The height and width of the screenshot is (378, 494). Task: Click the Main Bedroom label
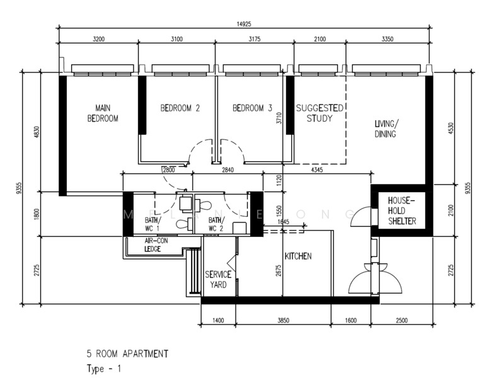tap(103, 113)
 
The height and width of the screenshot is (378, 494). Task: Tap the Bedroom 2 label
tap(180, 108)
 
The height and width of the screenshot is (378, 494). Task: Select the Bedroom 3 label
tap(252, 108)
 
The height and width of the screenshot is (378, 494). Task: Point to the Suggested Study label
tap(319, 113)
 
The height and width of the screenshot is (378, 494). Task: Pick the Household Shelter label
tap(402, 211)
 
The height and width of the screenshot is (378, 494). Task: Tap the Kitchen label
tap(298, 256)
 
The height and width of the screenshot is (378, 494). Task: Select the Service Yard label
tap(218, 280)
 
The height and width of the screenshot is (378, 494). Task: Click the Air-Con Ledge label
tap(156, 245)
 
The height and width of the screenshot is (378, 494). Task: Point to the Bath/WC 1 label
tap(152, 224)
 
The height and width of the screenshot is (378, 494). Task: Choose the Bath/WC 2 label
tap(216, 224)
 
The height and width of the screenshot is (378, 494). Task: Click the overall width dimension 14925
tap(243, 24)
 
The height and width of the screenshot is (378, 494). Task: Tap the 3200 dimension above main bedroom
tap(98, 39)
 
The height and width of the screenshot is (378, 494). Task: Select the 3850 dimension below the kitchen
tap(284, 320)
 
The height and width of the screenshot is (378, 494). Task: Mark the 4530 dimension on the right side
tap(451, 129)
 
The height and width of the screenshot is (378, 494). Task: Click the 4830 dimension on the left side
tap(37, 132)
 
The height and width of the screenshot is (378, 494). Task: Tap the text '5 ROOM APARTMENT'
tap(127, 354)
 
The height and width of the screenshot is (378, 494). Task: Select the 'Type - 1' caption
tap(103, 369)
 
